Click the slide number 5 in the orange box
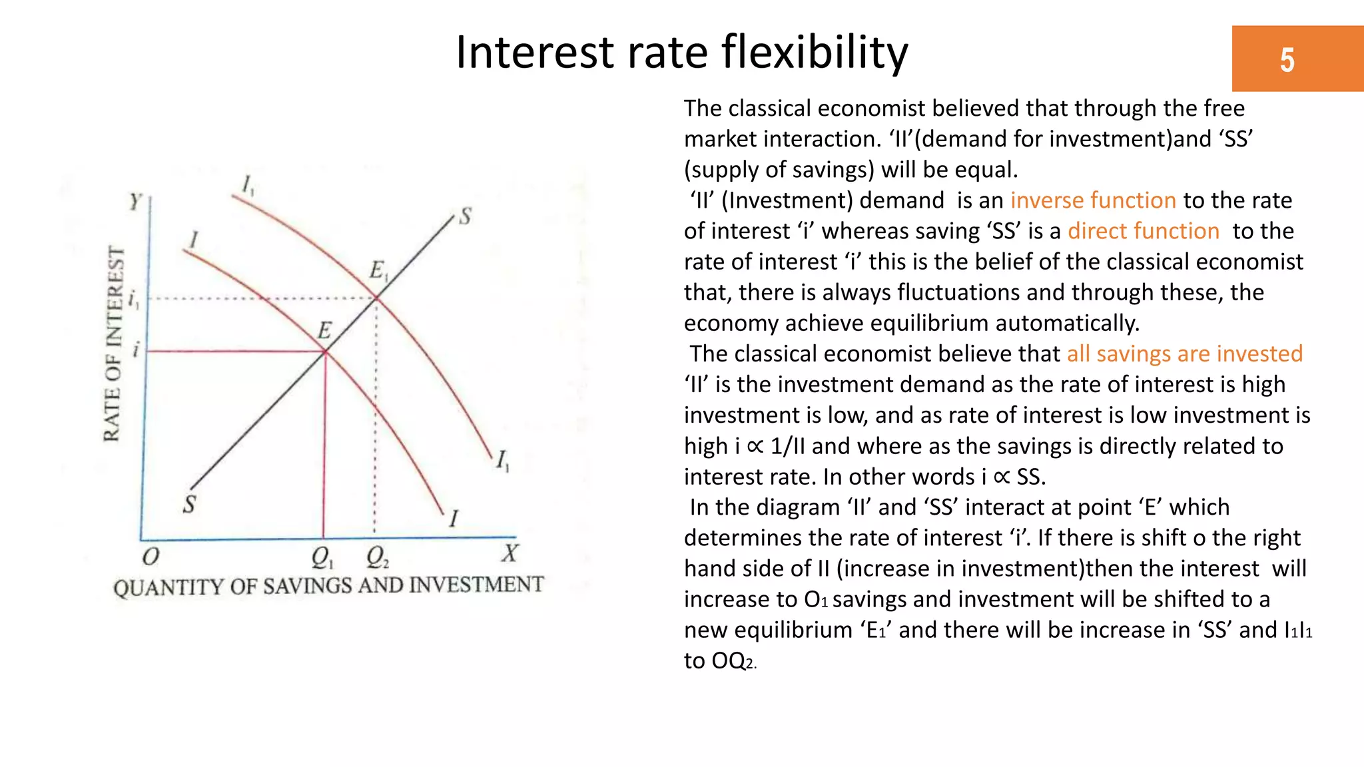click(x=1287, y=60)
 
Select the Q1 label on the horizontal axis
click(x=322, y=557)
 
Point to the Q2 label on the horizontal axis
click(x=378, y=557)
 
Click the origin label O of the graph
click(x=151, y=556)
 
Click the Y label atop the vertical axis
click(x=136, y=201)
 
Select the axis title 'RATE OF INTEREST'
click(x=114, y=344)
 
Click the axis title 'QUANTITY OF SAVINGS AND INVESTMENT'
click(x=328, y=586)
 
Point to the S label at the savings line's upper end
click(x=465, y=216)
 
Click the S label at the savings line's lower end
click(x=190, y=504)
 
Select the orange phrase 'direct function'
click(x=1144, y=231)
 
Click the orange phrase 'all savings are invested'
click(x=1184, y=354)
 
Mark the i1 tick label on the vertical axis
click(x=134, y=300)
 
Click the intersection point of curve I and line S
click(x=325, y=352)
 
